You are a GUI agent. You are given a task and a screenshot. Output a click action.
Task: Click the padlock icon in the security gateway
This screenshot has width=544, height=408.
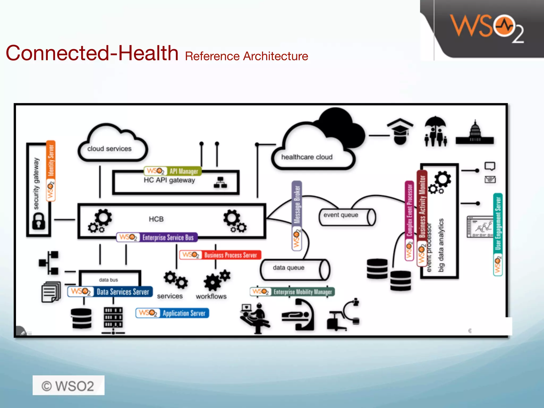pos(39,221)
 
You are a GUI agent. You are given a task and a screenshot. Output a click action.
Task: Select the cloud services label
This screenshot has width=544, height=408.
pos(109,149)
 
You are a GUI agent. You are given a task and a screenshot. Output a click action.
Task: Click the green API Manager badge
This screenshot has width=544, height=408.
pos(173,171)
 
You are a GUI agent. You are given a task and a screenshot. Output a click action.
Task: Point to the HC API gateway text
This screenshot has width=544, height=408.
pos(169,180)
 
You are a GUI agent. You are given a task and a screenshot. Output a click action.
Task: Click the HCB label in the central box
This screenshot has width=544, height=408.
pos(156,219)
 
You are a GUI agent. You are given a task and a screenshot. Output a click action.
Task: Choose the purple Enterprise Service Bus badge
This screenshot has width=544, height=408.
pos(157,237)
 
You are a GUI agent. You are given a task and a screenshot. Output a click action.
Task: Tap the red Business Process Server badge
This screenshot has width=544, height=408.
pos(220,255)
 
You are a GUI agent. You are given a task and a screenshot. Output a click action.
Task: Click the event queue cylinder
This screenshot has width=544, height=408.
pos(347,217)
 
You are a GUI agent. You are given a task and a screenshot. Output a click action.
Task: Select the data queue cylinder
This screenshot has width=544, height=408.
pos(295,270)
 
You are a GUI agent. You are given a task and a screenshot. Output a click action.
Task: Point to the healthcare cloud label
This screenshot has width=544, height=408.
pos(307,157)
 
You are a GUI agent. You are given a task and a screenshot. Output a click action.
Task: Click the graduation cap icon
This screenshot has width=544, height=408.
pos(400,131)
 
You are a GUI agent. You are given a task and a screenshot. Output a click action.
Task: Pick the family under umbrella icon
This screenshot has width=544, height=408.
pos(435,131)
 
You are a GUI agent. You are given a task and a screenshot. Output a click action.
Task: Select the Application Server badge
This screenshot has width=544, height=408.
pos(172,313)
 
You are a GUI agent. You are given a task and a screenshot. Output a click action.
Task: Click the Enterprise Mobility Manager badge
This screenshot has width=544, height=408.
pos(292,292)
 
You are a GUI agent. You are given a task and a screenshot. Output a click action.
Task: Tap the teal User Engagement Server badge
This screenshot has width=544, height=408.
pos(498,235)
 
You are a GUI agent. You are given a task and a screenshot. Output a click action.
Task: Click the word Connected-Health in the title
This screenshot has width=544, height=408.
pos(92,53)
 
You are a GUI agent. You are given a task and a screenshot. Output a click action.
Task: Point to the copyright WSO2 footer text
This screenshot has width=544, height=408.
pos(68,386)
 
